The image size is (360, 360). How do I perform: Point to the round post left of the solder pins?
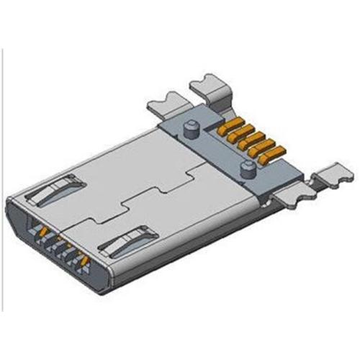tap(191, 130)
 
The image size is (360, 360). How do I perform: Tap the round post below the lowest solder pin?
tap(246, 170)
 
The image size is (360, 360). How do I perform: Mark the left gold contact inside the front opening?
tap(44, 231)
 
